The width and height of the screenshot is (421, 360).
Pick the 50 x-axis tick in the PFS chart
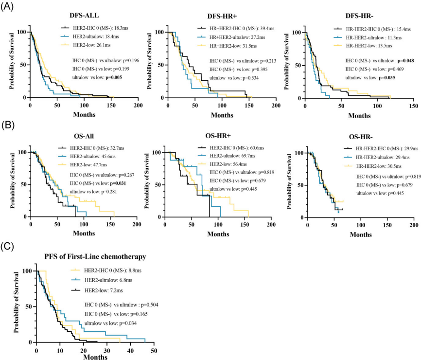pyautogui.click(x=154, y=350)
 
